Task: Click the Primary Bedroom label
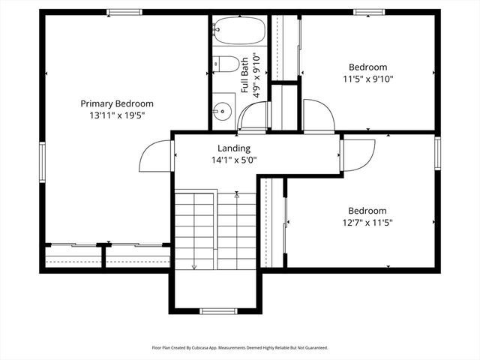coord(117,103)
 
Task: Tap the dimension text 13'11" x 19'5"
coord(117,116)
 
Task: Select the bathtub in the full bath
coord(238,32)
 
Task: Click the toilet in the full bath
coord(226,64)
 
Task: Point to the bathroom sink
coord(223,112)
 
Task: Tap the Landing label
coord(233,148)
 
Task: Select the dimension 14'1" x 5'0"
coord(233,160)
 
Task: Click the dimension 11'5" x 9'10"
coord(367,79)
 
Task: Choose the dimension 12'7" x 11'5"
coord(367,223)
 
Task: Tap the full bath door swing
coord(253,116)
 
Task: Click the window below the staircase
coord(218,310)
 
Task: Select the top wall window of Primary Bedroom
coord(124,12)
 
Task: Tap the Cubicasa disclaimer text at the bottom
coord(240,348)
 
